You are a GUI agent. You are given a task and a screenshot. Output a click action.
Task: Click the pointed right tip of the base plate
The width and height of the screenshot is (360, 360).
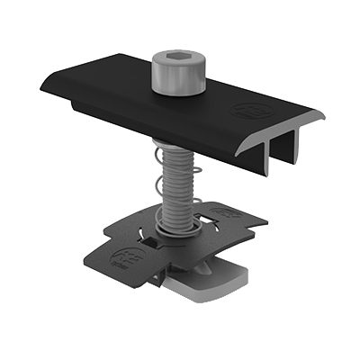click(267, 219)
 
